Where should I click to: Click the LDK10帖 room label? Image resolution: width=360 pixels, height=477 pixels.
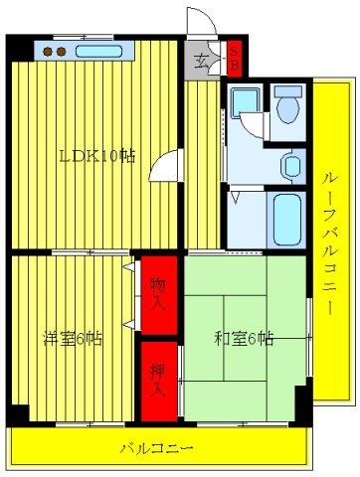(x=97, y=156)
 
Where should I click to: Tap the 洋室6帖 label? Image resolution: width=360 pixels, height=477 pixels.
(x=73, y=339)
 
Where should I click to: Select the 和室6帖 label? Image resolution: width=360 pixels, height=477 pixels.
(x=244, y=339)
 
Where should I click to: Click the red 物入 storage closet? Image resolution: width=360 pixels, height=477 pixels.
(x=159, y=295)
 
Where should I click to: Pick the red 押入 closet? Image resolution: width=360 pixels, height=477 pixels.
(x=159, y=381)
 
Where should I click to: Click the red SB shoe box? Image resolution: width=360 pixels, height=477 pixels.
(x=235, y=59)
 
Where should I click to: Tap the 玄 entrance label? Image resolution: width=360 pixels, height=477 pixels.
(x=201, y=62)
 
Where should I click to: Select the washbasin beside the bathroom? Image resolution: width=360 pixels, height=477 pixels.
(x=292, y=166)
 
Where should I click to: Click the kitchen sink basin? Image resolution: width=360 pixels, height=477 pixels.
(x=98, y=52)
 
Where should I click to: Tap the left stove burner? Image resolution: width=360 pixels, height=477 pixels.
(x=48, y=52)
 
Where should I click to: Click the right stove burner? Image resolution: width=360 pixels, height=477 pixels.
(x=61, y=52)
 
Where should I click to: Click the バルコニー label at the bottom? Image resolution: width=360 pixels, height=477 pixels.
(x=156, y=449)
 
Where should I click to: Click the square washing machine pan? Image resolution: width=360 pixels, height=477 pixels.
(x=245, y=102)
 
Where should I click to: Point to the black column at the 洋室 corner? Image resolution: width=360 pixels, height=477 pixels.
(x=18, y=412)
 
